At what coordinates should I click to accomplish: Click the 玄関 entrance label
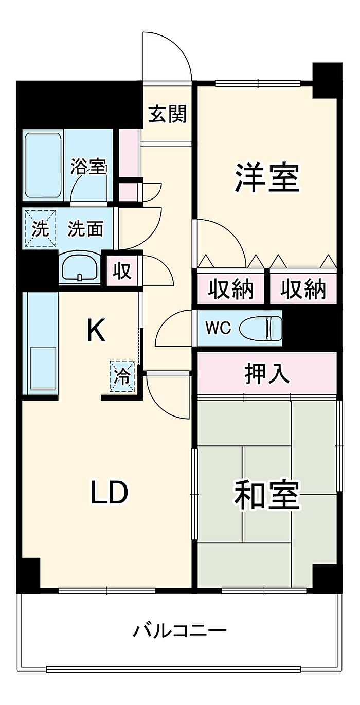pyautogui.click(x=167, y=114)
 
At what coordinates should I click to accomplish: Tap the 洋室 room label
pyautogui.click(x=267, y=178)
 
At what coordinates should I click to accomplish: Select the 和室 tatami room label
pyautogui.click(x=266, y=494)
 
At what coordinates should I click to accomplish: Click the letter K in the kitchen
pyautogui.click(x=96, y=331)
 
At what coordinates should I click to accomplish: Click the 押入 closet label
pyautogui.click(x=267, y=374)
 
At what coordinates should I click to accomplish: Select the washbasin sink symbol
pyautogui.click(x=80, y=268)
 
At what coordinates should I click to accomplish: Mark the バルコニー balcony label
pyautogui.click(x=179, y=630)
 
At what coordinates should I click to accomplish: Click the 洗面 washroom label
pyautogui.click(x=86, y=229)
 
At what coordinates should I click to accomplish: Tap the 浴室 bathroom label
pyautogui.click(x=88, y=167)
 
